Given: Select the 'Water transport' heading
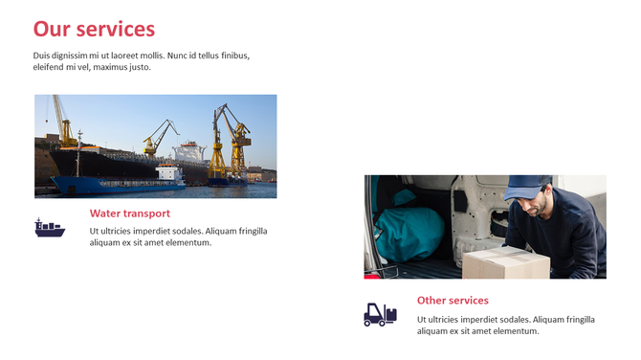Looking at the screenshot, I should point(129,214).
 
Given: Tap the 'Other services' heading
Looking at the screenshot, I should point(453,301).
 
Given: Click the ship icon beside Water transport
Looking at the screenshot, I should point(50,228).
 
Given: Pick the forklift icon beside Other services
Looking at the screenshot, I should point(380,314).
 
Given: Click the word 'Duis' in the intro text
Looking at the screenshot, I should point(43,56).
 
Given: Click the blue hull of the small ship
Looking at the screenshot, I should point(105,185).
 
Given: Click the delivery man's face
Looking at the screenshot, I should point(537,203).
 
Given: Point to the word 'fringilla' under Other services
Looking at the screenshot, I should point(574,319).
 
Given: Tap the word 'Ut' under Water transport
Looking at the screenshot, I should point(95,231).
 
